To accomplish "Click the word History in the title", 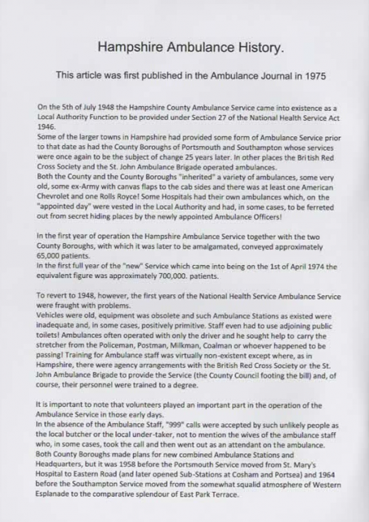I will [x=250, y=48].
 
